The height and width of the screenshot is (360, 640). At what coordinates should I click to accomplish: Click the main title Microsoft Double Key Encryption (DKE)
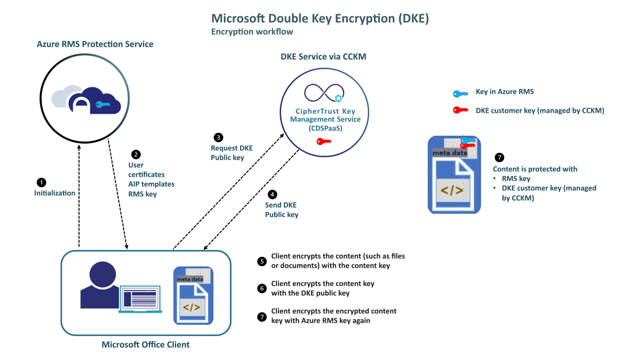click(320, 19)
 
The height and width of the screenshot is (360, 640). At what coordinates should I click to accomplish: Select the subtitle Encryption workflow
click(252, 32)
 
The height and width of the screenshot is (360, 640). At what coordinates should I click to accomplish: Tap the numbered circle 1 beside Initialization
click(41, 182)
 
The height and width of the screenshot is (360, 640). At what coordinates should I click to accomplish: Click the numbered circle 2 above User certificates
click(136, 155)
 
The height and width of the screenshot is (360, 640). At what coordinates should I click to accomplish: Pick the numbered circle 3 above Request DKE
click(218, 137)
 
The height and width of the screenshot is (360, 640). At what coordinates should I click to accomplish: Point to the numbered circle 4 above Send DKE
click(273, 194)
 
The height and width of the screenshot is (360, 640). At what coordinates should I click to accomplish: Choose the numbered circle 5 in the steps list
click(262, 261)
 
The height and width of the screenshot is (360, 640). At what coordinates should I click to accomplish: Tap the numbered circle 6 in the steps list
click(262, 288)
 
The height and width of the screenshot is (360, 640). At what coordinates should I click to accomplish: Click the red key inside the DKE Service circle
click(324, 142)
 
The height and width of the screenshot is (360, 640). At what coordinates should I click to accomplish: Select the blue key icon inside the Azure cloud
click(102, 105)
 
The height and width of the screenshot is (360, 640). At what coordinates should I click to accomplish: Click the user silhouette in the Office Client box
click(100, 285)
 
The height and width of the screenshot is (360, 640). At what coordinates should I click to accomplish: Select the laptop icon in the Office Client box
click(140, 300)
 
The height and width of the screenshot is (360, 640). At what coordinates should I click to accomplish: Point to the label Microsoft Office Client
click(146, 345)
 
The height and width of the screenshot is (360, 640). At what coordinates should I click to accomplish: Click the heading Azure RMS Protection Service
click(95, 44)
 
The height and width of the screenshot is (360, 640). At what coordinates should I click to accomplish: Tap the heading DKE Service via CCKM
click(320, 56)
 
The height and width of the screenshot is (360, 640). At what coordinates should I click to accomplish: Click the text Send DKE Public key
click(281, 210)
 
